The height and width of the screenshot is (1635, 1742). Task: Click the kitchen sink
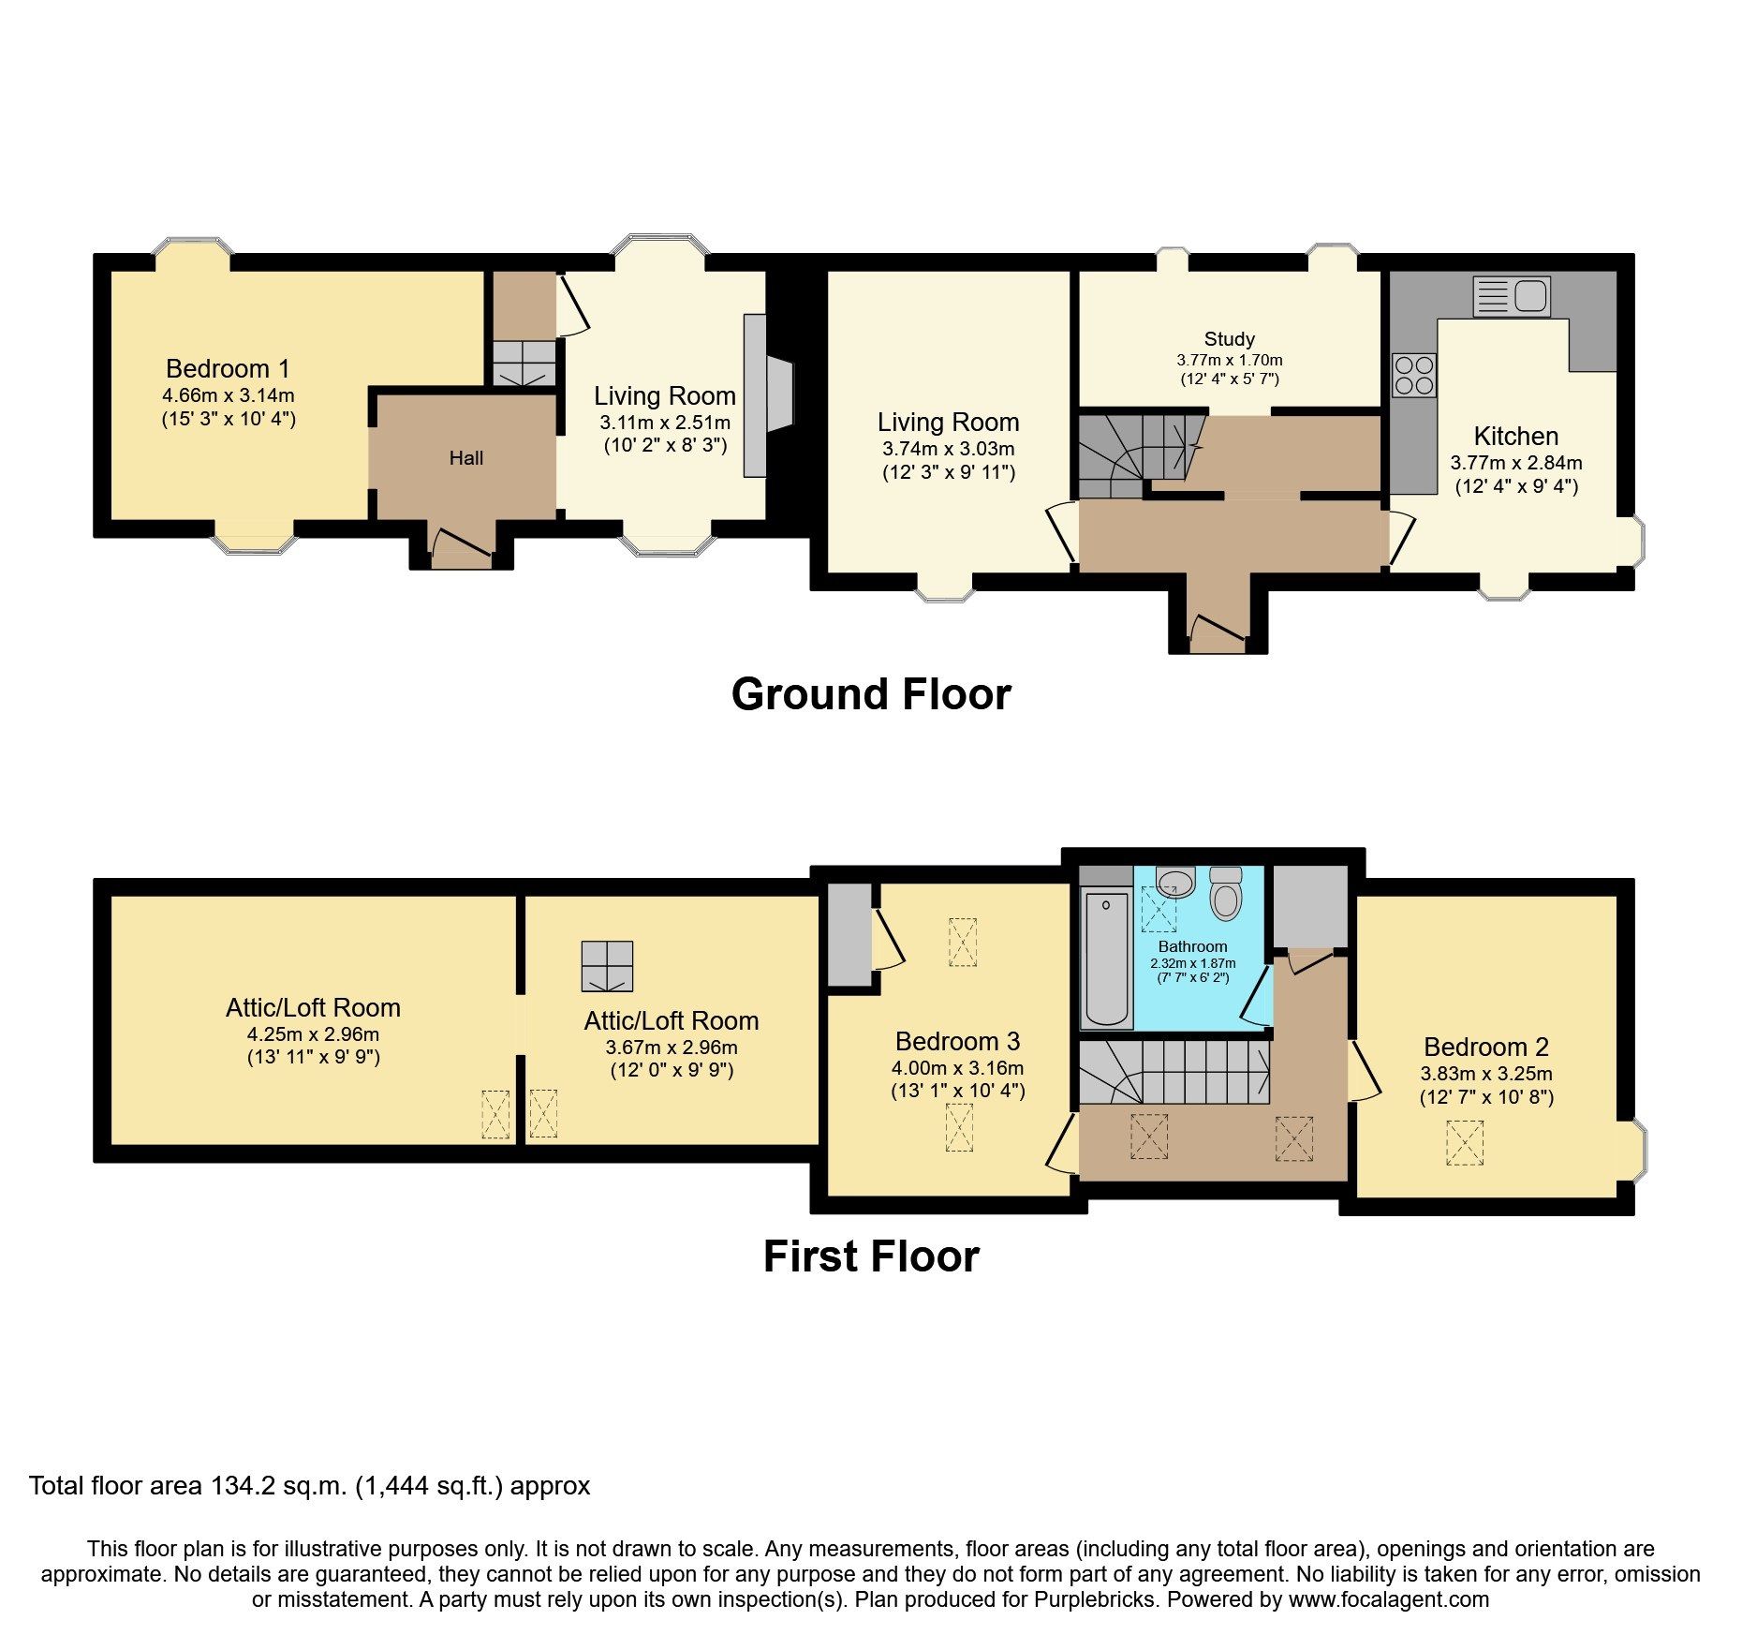point(1512,296)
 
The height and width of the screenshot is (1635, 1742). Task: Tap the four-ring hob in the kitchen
point(1413,375)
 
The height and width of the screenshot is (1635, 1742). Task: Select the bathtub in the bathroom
point(1106,959)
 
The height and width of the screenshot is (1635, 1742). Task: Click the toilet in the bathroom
point(1225,894)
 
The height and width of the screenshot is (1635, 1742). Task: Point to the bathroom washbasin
point(1175,882)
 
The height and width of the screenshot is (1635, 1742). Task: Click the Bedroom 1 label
point(228,368)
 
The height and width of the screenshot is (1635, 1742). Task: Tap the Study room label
point(1229,339)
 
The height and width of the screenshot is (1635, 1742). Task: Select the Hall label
point(465,458)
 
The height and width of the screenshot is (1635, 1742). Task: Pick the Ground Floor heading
point(870,694)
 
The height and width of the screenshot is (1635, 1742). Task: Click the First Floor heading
point(870,1256)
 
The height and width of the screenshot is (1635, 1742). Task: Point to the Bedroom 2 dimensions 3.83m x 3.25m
point(1485,1074)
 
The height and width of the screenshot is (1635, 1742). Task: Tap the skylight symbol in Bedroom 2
point(1465,1143)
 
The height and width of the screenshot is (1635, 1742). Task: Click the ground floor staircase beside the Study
point(1133,454)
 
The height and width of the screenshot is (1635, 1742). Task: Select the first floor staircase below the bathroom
point(1175,1072)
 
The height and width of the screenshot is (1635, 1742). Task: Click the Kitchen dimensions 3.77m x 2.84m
point(1515,463)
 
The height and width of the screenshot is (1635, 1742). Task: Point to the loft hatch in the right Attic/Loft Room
point(607,966)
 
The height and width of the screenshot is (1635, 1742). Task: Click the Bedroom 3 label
point(957,1041)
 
